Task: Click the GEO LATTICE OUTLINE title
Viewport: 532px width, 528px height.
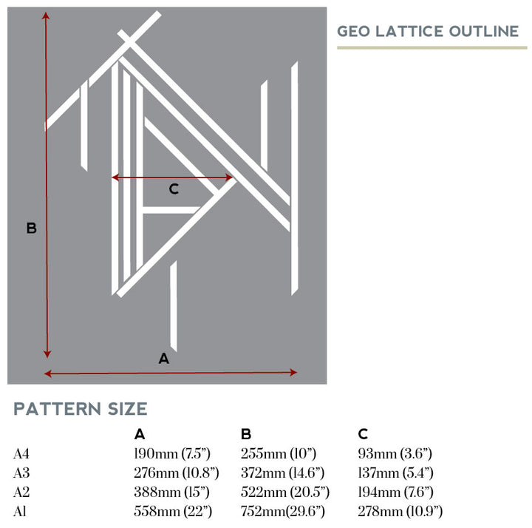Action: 428,31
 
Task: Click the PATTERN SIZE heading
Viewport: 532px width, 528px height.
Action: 81,409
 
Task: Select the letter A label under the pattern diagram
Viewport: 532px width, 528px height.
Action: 164,359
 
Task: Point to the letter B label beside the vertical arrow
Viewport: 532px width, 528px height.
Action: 31,229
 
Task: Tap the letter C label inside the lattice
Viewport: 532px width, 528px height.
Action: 174,189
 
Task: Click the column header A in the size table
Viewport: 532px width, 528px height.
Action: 140,434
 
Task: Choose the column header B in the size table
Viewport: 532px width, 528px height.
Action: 247,434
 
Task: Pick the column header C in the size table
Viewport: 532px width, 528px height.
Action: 363,434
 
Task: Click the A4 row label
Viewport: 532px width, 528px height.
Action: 22,453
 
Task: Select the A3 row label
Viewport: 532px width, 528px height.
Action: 22,473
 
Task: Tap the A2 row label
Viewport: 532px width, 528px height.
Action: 22,492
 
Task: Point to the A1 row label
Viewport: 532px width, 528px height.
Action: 21,511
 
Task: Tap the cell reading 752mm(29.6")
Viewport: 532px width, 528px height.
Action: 283,511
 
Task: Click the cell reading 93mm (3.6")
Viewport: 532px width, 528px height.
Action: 395,453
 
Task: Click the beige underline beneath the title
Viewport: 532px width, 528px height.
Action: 432,47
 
